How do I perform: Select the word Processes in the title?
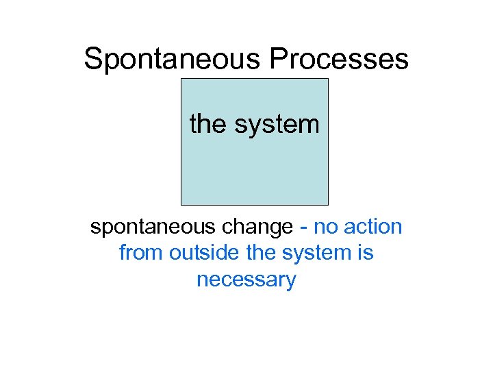tap(339, 60)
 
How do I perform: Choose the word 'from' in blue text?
tap(141, 253)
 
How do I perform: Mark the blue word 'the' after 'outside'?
tap(260, 253)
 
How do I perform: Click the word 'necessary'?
tap(246, 280)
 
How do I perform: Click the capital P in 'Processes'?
tap(279, 60)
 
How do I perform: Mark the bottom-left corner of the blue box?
tap(181, 204)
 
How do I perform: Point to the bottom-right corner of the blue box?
tap(328, 204)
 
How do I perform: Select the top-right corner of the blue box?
tap(328, 79)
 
